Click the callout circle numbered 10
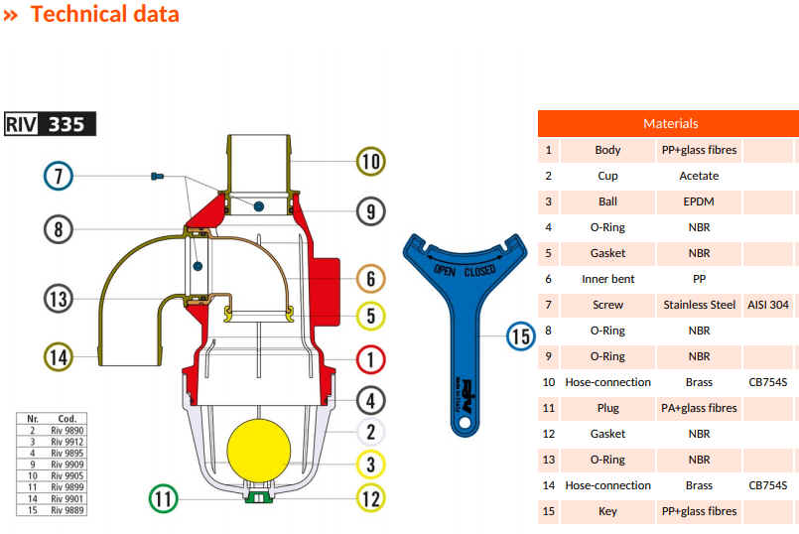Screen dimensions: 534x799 pyautogui.click(x=370, y=161)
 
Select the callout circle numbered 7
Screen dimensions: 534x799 pyautogui.click(x=59, y=177)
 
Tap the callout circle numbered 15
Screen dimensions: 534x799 pyautogui.click(x=521, y=335)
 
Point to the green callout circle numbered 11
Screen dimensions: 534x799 pyautogui.click(x=163, y=498)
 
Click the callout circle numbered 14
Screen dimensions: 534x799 pyautogui.click(x=59, y=354)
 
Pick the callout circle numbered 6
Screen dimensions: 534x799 pyautogui.click(x=370, y=279)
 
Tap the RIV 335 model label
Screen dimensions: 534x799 pyautogui.click(x=51, y=125)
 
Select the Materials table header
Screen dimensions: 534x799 pyautogui.click(x=670, y=123)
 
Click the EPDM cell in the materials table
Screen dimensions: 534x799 pyautogui.click(x=699, y=201)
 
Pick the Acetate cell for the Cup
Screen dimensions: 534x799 pyautogui.click(x=699, y=176)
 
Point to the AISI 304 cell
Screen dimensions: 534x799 pyautogui.click(x=768, y=305)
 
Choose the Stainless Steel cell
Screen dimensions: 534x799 pyautogui.click(x=699, y=305)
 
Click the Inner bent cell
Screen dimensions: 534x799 pyautogui.click(x=607, y=279)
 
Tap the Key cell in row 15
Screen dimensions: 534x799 pyautogui.click(x=607, y=511)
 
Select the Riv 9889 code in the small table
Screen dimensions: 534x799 pyautogui.click(x=67, y=510)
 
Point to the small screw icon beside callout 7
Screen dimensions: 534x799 pyautogui.click(x=156, y=177)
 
